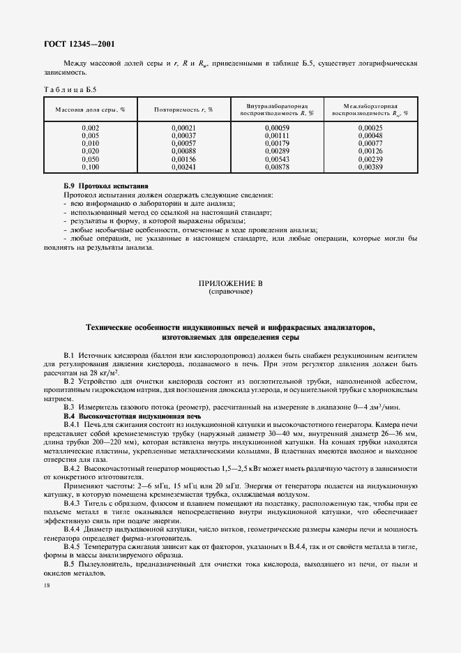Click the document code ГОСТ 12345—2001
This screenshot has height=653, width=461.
(x=79, y=44)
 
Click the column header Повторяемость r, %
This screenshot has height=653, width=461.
(x=183, y=110)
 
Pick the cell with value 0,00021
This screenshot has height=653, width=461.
(x=183, y=128)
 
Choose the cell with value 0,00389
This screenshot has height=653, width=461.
(x=370, y=168)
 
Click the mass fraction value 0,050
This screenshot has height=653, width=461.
(x=90, y=160)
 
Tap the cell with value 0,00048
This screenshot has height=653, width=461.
(x=370, y=136)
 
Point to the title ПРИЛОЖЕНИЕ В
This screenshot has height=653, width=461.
(x=230, y=284)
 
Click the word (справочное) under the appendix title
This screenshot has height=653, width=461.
(x=230, y=292)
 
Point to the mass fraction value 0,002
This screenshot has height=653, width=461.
(x=90, y=128)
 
